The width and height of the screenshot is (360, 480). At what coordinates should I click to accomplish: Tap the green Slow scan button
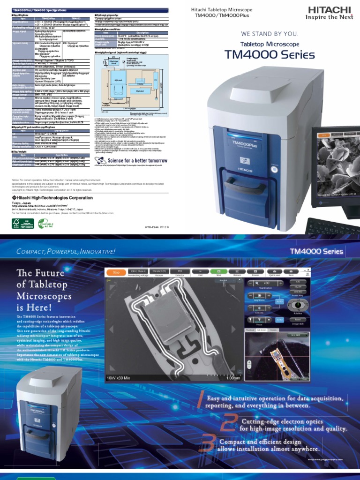pos(218,272)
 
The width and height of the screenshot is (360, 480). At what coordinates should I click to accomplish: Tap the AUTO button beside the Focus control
pos(279,320)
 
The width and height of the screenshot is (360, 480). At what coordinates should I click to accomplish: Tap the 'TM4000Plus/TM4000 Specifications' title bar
pos(40,9)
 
